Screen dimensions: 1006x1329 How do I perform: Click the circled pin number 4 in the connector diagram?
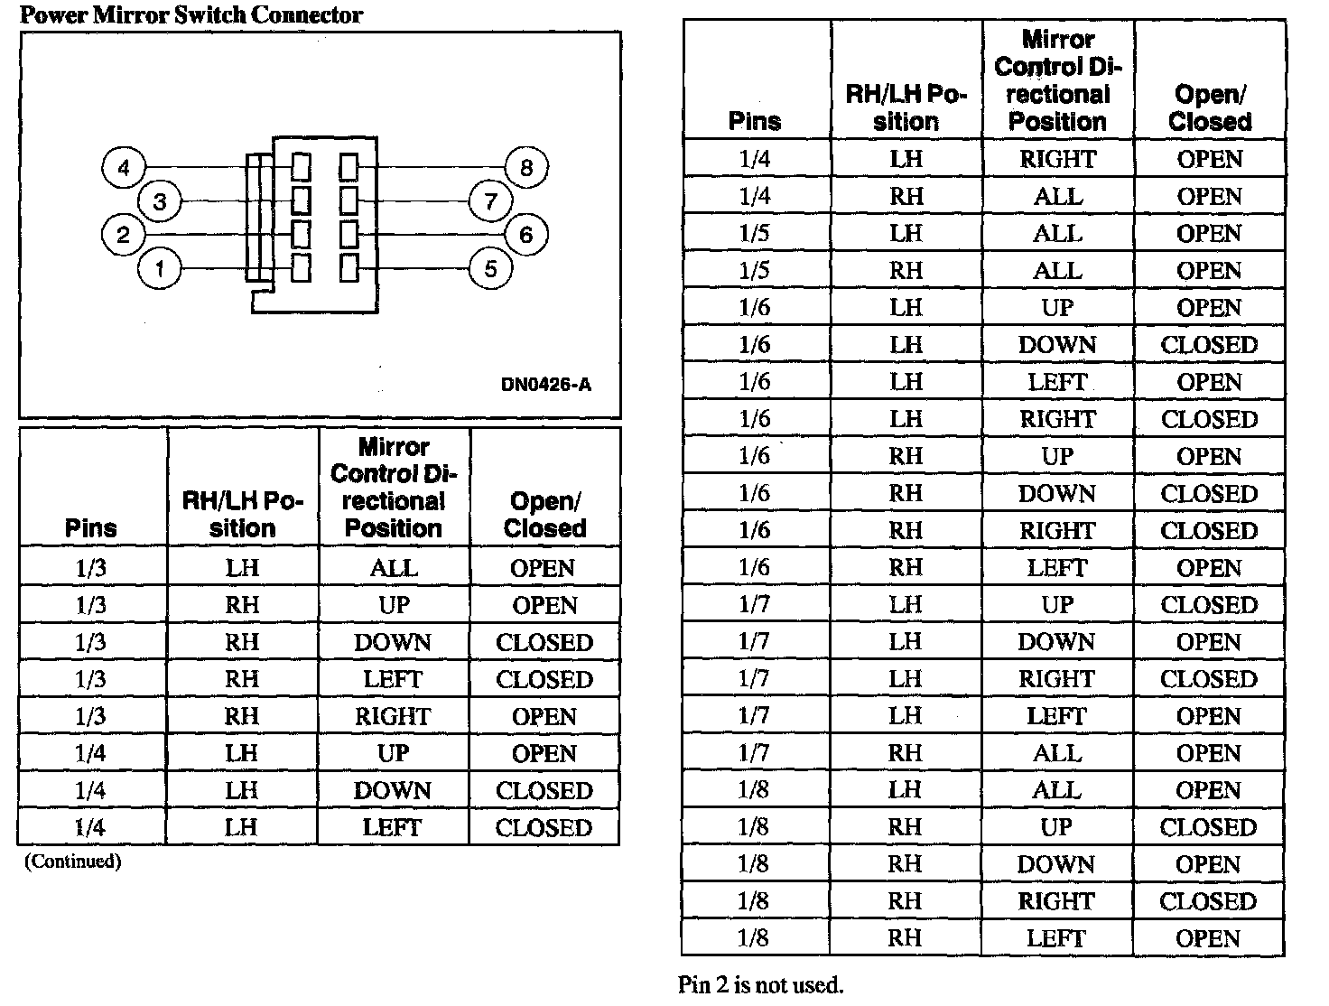click(x=124, y=167)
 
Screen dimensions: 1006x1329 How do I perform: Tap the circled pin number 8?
click(x=526, y=167)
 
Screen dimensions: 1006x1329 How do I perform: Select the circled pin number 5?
click(x=490, y=269)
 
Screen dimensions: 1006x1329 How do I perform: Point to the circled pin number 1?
click(x=160, y=269)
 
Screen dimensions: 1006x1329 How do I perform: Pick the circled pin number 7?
click(x=490, y=200)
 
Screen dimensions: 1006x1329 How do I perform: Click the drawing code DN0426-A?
click(x=545, y=385)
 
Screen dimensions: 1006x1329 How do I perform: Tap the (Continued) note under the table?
click(x=72, y=862)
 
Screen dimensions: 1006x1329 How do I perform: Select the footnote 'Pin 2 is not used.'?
click(x=760, y=985)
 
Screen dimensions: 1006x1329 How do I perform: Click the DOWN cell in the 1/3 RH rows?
click(x=393, y=643)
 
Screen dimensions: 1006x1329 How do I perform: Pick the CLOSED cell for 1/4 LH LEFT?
click(x=544, y=828)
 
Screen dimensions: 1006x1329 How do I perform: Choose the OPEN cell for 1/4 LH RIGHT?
click(x=1210, y=160)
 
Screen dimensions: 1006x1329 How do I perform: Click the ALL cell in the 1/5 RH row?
click(x=1057, y=271)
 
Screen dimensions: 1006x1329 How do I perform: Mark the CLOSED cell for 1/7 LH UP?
click(x=1209, y=605)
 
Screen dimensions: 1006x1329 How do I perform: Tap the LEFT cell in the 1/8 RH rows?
click(x=1056, y=938)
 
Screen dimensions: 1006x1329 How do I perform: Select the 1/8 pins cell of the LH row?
click(x=754, y=790)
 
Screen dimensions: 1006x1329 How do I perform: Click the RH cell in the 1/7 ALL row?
click(x=906, y=753)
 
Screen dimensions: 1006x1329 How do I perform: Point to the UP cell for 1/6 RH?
click(x=1057, y=457)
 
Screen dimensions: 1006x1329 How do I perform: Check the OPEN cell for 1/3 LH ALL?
click(x=543, y=569)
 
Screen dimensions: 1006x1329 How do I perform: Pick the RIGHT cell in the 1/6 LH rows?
click(x=1057, y=420)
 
